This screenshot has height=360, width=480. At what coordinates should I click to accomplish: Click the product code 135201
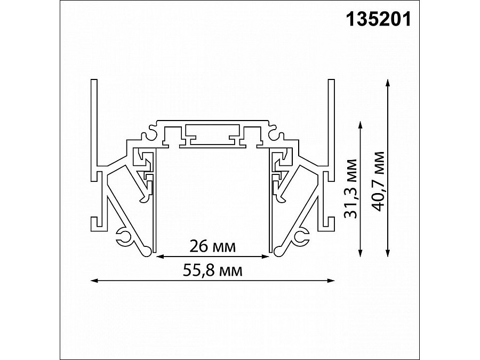click(x=378, y=19)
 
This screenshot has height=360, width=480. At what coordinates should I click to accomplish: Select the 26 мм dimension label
click(x=212, y=246)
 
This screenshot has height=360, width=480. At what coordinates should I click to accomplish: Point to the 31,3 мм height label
click(x=351, y=189)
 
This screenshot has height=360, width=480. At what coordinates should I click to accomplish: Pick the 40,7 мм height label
click(x=378, y=181)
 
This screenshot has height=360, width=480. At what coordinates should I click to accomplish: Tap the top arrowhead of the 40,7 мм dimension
click(x=388, y=83)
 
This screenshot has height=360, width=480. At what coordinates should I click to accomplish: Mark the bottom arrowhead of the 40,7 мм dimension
click(x=388, y=253)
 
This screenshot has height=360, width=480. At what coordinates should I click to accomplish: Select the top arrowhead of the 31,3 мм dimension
click(x=361, y=125)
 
